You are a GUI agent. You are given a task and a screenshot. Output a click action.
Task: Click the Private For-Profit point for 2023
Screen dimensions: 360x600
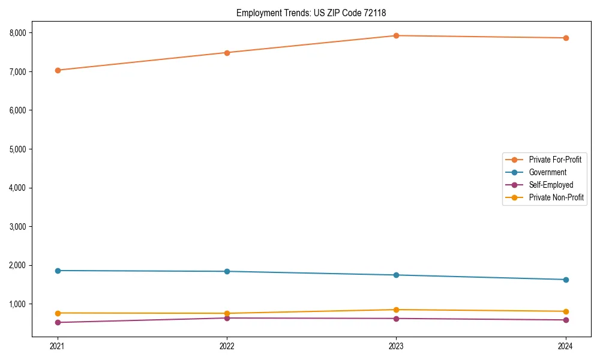396,35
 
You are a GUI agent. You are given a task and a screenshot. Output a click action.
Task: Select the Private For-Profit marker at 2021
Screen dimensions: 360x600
58,70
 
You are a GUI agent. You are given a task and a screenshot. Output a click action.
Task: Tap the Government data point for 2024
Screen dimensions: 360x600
566,280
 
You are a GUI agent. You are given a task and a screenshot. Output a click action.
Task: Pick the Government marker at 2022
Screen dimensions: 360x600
227,271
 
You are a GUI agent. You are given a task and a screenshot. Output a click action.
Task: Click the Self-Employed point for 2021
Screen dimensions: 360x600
58,322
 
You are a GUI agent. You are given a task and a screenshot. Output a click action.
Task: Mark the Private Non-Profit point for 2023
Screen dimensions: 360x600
396,310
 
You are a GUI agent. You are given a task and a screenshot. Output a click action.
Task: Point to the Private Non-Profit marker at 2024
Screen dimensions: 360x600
566,311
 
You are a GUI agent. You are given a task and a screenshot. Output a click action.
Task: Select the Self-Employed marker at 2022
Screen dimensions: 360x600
227,318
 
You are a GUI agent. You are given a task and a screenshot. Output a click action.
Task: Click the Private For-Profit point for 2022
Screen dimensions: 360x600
227,53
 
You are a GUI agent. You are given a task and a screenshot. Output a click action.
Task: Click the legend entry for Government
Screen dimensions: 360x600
547,172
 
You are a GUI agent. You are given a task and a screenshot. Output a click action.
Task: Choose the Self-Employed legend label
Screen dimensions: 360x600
551,185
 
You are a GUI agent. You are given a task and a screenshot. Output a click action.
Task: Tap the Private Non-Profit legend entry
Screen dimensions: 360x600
556,197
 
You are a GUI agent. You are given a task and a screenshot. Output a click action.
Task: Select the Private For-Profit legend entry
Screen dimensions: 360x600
555,160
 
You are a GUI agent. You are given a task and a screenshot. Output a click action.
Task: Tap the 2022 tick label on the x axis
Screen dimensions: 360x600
227,346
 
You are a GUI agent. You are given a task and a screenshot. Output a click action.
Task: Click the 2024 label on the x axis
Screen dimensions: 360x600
566,346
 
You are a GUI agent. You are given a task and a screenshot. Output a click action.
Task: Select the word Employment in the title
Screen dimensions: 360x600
257,13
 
